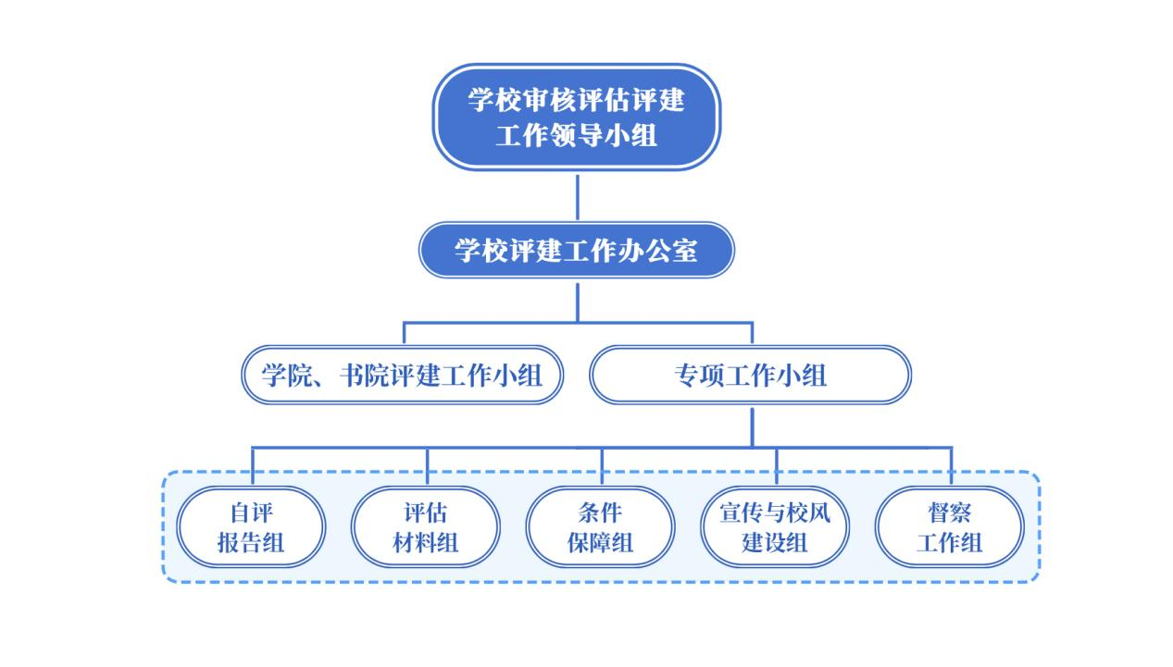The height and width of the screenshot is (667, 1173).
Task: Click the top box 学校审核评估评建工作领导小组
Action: tap(576, 117)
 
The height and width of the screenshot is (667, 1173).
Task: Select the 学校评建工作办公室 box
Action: tap(576, 250)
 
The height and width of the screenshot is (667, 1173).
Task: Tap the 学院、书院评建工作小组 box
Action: tap(402, 375)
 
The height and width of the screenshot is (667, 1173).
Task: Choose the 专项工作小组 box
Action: tap(751, 375)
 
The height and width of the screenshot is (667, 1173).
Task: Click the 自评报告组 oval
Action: tap(251, 526)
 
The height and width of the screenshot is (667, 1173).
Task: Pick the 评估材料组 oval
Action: tap(426, 526)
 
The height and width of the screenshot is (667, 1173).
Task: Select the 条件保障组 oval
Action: tap(600, 526)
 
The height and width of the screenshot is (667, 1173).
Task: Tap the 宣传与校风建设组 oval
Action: tap(775, 526)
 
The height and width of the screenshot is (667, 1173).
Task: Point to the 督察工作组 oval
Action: tap(949, 526)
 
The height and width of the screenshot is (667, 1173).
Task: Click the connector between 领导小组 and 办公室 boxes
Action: tap(577, 195)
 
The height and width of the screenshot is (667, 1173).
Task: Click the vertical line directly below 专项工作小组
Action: tap(752, 426)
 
